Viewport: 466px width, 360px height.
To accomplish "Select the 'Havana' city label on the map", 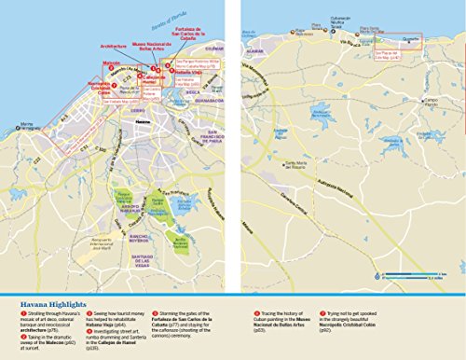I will (140, 121).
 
